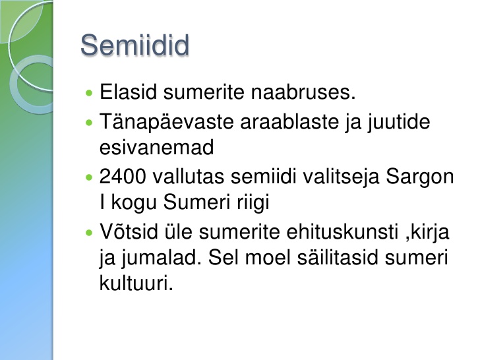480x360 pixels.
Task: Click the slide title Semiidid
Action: pyautogui.click(x=135, y=45)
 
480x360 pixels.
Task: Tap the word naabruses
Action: pyautogui.click(x=303, y=92)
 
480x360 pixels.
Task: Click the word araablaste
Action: pyautogui.click(x=289, y=121)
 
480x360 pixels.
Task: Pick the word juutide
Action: pyautogui.click(x=399, y=123)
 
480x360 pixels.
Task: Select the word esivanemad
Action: pyautogui.click(x=156, y=148)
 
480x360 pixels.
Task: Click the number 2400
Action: pyautogui.click(x=123, y=177)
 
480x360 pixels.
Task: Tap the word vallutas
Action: pyautogui.click(x=189, y=177)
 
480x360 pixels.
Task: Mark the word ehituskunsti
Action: pyautogui.click(x=343, y=231)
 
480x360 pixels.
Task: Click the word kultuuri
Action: pyautogui.click(x=136, y=283)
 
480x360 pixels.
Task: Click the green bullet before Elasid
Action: pyautogui.click(x=89, y=93)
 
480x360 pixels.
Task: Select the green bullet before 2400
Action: pyautogui.click(x=89, y=177)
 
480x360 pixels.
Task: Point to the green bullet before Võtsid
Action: pyautogui.click(x=89, y=233)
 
